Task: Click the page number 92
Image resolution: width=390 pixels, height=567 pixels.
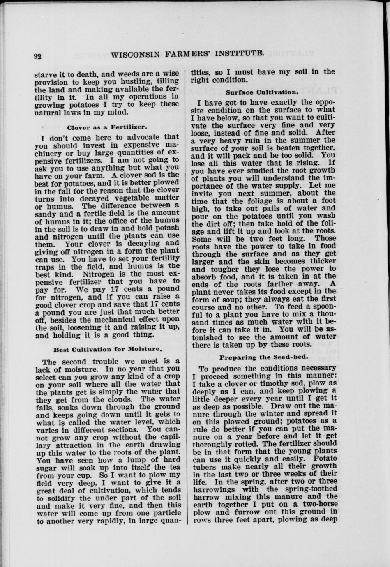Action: [38, 57]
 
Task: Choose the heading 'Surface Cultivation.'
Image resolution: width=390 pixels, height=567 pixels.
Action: [262, 92]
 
